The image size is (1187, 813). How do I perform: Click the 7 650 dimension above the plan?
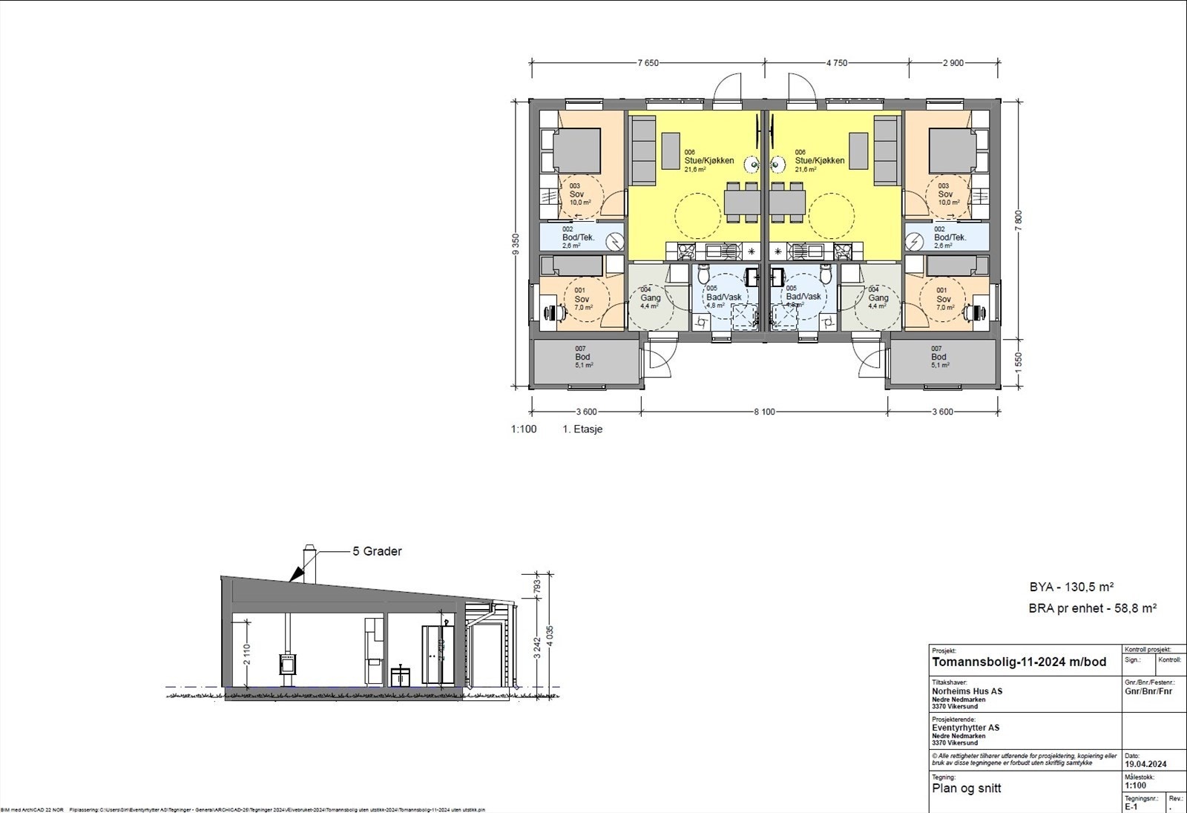648,63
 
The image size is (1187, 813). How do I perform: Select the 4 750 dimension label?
836,63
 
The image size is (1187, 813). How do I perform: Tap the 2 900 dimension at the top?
953,63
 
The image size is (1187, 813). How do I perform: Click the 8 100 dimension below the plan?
764,412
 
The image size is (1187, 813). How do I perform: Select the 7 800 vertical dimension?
1018,220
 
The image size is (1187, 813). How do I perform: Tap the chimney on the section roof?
309,564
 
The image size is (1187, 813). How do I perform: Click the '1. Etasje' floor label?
582,429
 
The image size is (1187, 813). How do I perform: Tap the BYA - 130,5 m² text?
1071,587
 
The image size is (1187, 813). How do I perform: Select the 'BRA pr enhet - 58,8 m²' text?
1093,608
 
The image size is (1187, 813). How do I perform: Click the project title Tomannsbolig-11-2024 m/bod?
1019,662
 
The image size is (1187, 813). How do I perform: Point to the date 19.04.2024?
1146,763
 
